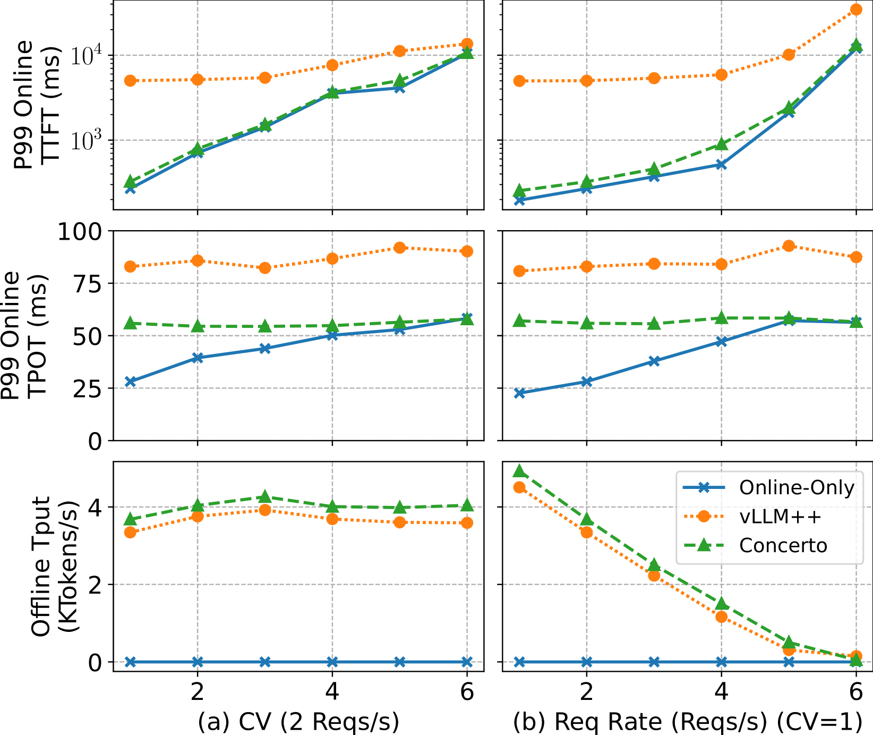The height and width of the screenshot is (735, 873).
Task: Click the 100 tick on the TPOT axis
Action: pos(81,231)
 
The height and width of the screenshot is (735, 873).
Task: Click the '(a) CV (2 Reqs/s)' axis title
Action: pos(298,721)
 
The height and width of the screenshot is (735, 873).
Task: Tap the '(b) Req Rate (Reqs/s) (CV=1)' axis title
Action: pos(688,721)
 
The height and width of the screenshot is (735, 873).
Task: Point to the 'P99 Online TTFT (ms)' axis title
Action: pos(37,104)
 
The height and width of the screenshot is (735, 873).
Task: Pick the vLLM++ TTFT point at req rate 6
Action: pos(856,10)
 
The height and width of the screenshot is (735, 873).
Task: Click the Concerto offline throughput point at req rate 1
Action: pos(519,471)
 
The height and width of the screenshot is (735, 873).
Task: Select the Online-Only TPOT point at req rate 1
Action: pos(519,393)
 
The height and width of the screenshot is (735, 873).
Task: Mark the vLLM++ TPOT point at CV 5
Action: pos(400,248)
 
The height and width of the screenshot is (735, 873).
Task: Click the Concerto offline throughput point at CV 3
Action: pos(265,497)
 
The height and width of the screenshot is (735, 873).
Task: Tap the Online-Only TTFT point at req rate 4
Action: pos(721,165)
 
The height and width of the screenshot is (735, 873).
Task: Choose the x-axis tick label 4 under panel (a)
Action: pos(332,691)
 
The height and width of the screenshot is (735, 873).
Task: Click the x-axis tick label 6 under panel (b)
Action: pos(856,691)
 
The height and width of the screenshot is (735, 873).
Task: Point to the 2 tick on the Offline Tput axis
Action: pos(95,585)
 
